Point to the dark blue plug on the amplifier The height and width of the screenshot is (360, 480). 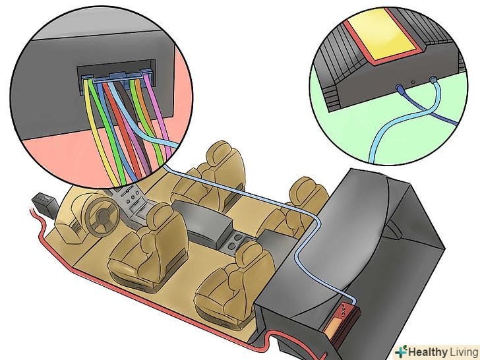coord(400,89)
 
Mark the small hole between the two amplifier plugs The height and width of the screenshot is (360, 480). coord(413,82)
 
